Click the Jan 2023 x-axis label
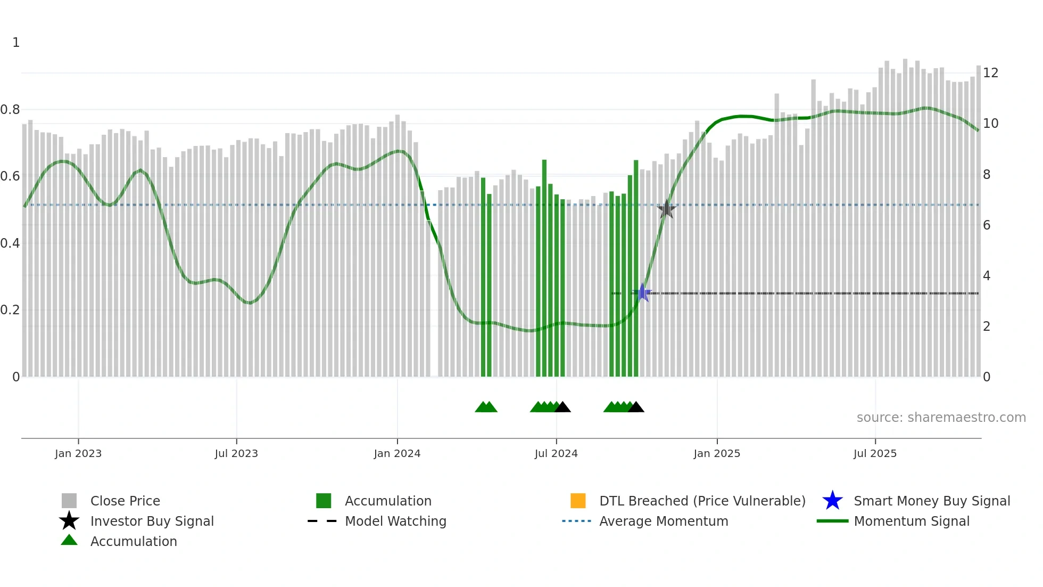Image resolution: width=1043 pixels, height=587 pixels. [78, 453]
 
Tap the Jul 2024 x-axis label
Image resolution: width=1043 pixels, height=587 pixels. [556, 453]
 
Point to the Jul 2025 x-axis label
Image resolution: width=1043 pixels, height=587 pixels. [875, 453]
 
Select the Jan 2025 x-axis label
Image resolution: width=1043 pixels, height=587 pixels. [717, 453]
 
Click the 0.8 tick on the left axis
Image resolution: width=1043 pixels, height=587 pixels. [10, 110]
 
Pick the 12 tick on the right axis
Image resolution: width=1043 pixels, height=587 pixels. [990, 73]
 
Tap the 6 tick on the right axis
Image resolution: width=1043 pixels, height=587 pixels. [987, 225]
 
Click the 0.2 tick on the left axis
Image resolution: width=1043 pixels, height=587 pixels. [10, 310]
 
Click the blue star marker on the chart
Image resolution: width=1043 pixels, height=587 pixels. [642, 293]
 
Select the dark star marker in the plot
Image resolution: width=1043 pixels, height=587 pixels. [666, 209]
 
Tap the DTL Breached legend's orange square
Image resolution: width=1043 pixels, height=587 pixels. [578, 501]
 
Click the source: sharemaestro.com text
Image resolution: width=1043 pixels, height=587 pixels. [941, 418]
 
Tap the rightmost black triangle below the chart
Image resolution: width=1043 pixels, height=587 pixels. [636, 407]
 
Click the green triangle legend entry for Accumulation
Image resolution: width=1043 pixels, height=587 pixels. [69, 541]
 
